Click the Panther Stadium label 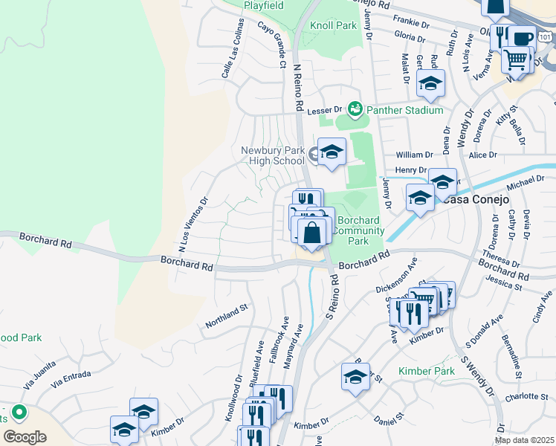pos(404,110)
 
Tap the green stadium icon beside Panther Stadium pos(355,110)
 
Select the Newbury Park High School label pos(273,155)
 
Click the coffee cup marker pos(522,38)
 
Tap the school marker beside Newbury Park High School pos(332,152)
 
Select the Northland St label pos(226,317)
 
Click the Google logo pos(25,437)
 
